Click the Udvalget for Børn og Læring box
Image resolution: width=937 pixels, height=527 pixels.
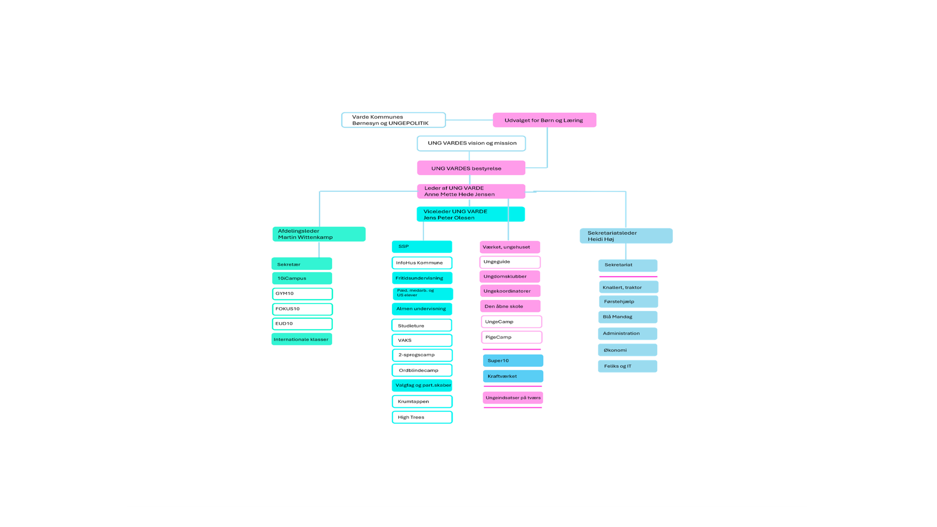[544, 120]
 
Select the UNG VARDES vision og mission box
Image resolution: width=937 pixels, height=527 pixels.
[471, 143]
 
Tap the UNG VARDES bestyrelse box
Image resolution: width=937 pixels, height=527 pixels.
[471, 168]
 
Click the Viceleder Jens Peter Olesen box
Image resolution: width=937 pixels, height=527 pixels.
[470, 214]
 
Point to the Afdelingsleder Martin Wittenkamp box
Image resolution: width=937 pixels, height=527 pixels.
[319, 234]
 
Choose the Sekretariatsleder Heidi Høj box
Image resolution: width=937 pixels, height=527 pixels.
[626, 236]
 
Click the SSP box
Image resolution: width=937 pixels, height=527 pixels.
[422, 247]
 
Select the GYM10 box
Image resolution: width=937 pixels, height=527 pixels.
[302, 294]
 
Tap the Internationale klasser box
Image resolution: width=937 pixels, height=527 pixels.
[302, 339]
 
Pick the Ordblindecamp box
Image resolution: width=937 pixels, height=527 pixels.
[422, 370]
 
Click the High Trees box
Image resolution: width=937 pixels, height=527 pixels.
[422, 417]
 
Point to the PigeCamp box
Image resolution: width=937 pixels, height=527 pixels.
[511, 337]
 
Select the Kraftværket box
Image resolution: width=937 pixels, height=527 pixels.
[513, 376]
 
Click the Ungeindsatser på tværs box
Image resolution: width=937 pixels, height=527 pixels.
[513, 398]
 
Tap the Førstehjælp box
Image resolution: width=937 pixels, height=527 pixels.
[629, 302]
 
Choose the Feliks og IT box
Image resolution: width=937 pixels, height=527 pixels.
[628, 366]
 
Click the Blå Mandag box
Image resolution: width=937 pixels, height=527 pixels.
[628, 317]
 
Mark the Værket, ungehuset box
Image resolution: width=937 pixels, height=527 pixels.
[509, 247]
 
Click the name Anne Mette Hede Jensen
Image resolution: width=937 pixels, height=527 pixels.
[459, 194]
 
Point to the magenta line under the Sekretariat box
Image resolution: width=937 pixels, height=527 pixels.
[628, 277]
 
